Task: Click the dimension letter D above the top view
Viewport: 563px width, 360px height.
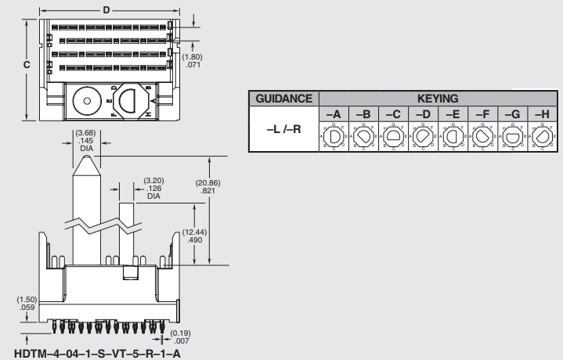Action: coord(106,9)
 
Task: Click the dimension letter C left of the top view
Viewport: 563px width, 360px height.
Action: coord(26,65)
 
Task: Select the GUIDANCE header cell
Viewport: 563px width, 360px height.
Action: coord(283,99)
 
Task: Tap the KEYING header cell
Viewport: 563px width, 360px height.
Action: coord(438,99)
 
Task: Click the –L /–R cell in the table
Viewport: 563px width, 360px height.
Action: coord(283,128)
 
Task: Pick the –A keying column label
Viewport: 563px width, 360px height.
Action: coord(333,114)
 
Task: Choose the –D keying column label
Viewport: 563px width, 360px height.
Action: coord(423,114)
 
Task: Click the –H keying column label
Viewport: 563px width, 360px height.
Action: coord(542,114)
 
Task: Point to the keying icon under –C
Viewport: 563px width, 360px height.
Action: coord(393,137)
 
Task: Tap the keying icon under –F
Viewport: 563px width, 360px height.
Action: coord(482,137)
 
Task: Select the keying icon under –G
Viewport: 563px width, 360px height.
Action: coord(512,137)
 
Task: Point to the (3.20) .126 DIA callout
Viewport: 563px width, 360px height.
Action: coord(153,188)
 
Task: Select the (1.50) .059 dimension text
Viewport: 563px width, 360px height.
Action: coord(27,304)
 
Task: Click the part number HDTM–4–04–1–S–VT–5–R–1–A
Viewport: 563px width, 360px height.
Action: coord(97,353)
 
